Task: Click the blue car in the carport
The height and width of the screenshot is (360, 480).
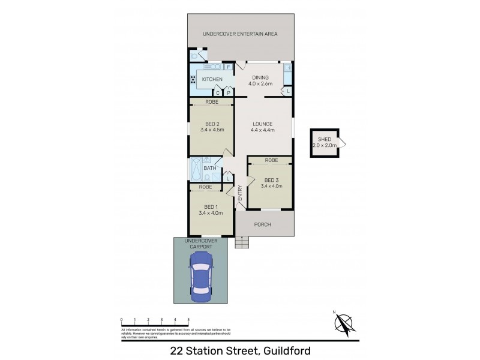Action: (200, 278)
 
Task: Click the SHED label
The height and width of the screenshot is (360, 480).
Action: (325, 139)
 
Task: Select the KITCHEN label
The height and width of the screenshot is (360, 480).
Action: (212, 80)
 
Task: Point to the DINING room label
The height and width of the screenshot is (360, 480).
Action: (260, 77)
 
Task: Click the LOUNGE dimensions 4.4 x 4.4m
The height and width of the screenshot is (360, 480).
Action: (263, 130)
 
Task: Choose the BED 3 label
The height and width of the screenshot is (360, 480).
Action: (271, 179)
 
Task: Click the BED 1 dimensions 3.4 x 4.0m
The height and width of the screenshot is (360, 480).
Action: (211, 212)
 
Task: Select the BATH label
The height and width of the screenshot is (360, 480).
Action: (209, 168)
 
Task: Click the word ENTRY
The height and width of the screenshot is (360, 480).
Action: (239, 191)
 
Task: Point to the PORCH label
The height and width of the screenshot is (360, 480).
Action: (263, 225)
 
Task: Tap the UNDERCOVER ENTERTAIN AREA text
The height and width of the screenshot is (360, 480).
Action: (240, 34)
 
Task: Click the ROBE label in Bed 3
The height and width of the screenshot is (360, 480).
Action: (271, 160)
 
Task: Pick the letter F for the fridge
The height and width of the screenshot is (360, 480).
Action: (229, 67)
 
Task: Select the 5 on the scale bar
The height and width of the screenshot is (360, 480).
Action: (188, 320)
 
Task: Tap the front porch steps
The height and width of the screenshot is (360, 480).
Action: (242, 244)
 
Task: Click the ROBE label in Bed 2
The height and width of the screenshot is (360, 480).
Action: (211, 102)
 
